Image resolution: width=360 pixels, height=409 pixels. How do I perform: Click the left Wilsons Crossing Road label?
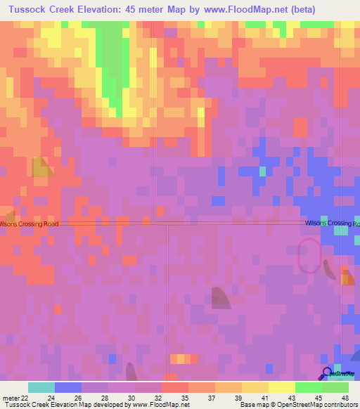pyautogui.click(x=29, y=223)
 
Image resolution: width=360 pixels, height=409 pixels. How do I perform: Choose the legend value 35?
pyautogui.click(x=185, y=398)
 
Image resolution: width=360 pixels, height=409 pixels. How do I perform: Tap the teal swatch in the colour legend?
pyautogui.click(x=41, y=387)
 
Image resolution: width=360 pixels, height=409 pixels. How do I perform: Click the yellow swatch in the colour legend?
pyautogui.click(x=281, y=387)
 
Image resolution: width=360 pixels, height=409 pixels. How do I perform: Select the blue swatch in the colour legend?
pyautogui.click(x=67, y=387)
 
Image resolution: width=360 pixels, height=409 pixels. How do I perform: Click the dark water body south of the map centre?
pyautogui.click(x=219, y=297)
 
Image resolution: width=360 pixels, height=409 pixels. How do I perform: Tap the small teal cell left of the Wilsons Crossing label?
pyautogui.click(x=262, y=171)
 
